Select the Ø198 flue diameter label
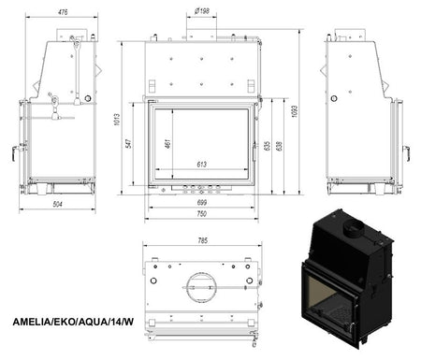click(202, 12)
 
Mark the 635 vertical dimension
click(269, 147)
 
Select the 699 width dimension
click(202, 202)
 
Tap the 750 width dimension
click(202, 214)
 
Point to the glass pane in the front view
click(202, 140)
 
